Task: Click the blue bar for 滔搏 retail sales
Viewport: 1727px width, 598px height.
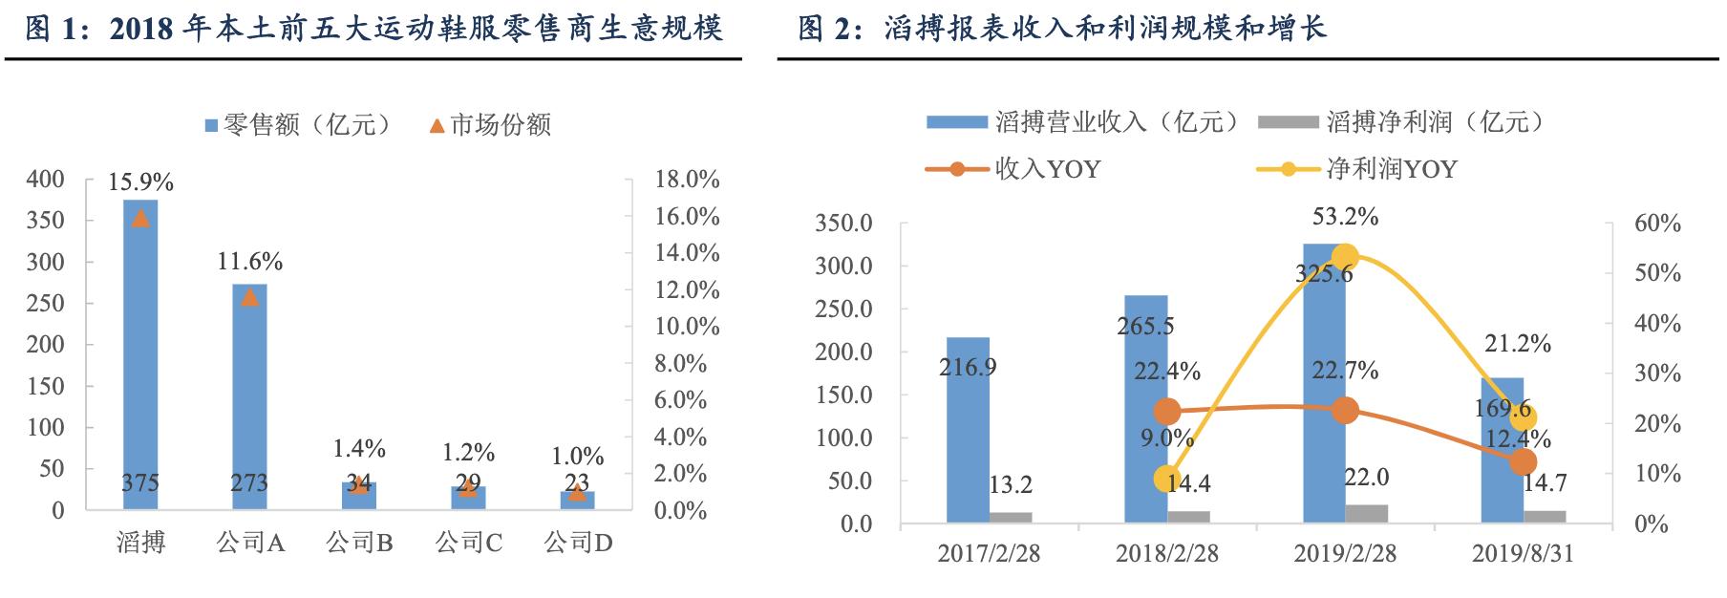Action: pos(140,353)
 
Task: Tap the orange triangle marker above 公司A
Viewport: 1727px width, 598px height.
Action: pos(249,297)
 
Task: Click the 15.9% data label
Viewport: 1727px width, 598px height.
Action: pos(140,182)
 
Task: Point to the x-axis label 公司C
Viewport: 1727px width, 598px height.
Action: pos(468,544)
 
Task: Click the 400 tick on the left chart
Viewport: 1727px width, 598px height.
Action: pos(47,180)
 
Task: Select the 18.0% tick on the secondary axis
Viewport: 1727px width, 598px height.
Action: pos(687,180)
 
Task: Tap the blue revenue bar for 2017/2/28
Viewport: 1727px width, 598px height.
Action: pos(968,430)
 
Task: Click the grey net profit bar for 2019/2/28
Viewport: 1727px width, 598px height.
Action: pos(1366,514)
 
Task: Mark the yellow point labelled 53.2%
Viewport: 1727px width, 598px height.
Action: pos(1345,257)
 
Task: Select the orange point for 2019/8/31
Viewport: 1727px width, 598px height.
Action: pos(1524,461)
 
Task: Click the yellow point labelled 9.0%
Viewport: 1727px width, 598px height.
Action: pos(1166,479)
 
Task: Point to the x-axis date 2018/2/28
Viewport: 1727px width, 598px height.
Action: pos(1166,554)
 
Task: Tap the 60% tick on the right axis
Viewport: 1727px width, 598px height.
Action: pos(1657,224)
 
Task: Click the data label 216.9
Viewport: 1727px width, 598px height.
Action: pos(968,367)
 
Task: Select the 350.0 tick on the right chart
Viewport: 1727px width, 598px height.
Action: pos(843,224)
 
